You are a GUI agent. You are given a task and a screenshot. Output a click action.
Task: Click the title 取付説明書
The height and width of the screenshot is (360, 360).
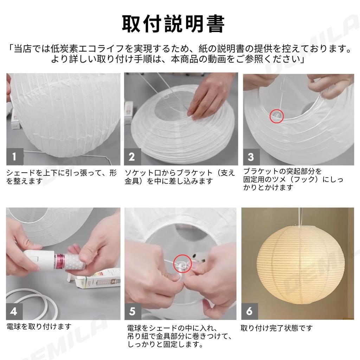(173, 24)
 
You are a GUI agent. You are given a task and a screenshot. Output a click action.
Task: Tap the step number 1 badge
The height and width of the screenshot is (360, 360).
(15, 156)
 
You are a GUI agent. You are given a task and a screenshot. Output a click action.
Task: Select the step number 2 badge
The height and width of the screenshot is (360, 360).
(132, 157)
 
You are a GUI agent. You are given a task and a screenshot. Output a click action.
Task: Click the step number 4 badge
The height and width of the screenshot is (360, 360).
(14, 311)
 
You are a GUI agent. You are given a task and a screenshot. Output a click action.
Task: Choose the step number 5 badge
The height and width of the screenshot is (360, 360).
(133, 311)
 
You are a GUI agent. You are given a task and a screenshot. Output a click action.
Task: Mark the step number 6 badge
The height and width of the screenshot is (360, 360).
(250, 311)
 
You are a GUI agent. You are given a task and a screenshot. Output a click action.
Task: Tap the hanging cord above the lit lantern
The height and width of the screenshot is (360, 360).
(300, 217)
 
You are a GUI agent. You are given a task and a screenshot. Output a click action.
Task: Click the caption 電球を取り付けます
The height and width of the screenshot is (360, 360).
(39, 327)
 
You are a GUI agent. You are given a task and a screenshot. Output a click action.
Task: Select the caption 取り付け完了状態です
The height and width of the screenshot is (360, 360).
(276, 328)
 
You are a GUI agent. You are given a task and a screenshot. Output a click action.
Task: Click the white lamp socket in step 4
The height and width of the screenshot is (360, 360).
(39, 259)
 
